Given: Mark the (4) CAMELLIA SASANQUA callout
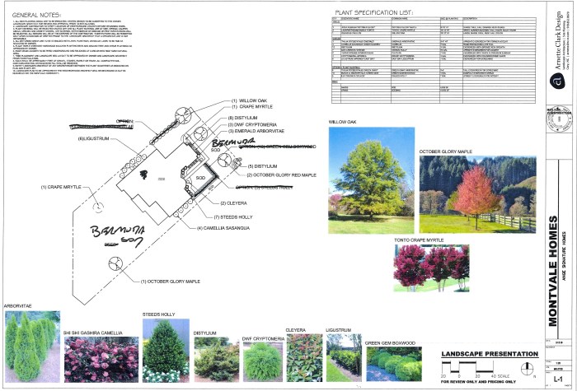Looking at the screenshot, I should pyautogui.click(x=228, y=226).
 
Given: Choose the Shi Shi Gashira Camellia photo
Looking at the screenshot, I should pyautogui.click(x=100, y=352).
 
